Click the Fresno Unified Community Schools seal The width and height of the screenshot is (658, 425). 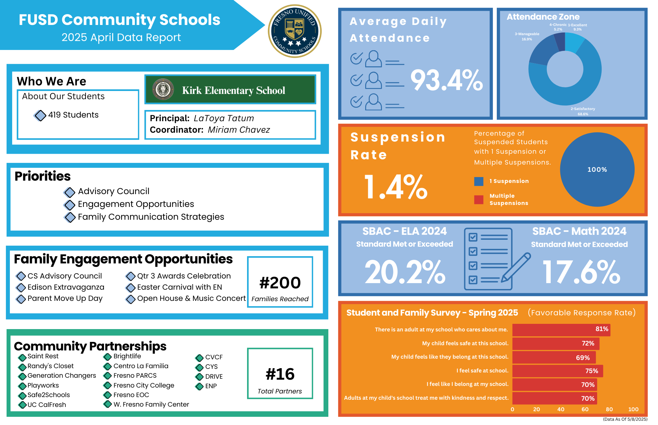point(295,31)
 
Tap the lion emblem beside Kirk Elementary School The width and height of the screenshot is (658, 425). point(163,89)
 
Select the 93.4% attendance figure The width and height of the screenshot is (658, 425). point(446,80)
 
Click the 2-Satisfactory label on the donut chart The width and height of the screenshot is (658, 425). point(583,109)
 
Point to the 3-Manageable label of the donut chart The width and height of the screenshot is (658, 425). point(527,34)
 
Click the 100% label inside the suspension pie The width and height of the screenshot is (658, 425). point(597,169)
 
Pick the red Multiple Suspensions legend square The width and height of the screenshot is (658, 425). point(479,200)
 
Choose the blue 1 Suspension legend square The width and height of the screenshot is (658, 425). point(479,181)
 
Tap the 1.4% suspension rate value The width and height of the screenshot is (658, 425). point(396,187)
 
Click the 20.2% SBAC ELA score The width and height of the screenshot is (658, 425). point(405,272)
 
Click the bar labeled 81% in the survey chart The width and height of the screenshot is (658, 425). point(561,330)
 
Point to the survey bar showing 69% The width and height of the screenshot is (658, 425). point(554,357)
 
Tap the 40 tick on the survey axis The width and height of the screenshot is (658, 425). point(561,409)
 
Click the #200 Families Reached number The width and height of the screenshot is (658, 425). point(280,283)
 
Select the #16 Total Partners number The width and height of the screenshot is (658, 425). point(280,374)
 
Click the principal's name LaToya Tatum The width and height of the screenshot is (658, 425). point(224,118)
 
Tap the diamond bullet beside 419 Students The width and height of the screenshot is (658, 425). point(40,115)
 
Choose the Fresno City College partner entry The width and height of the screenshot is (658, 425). point(144,385)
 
